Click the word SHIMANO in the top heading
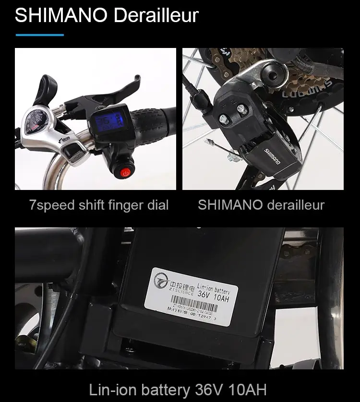click(x=60, y=16)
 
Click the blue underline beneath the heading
click(x=39, y=35)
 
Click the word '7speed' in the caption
click(x=51, y=205)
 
